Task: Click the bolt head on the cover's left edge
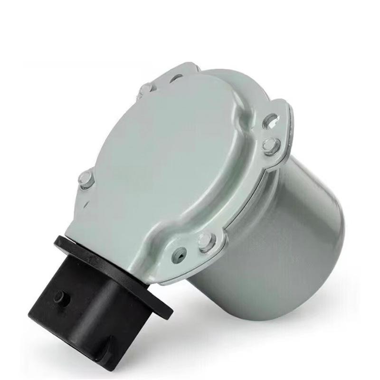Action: (x=85, y=179)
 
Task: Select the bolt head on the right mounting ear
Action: (x=271, y=145)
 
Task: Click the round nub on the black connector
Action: (x=60, y=298)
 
